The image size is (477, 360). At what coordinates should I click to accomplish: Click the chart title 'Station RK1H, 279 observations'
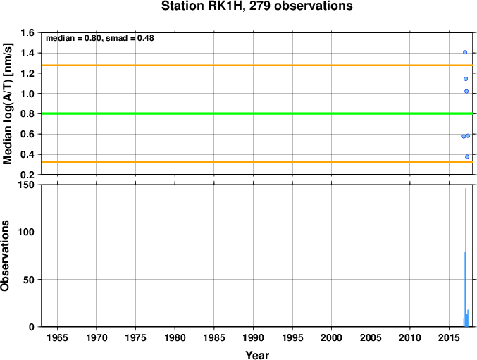[x=256, y=6]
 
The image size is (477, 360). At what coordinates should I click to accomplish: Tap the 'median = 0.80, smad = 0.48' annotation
[x=100, y=38]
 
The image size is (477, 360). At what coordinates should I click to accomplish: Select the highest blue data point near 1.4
[x=465, y=52]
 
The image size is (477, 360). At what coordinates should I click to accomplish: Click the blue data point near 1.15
[x=466, y=79]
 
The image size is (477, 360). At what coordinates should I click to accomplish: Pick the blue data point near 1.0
[x=466, y=92]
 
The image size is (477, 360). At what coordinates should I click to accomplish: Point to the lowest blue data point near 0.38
[x=467, y=156]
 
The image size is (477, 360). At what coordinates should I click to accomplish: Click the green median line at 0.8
[x=257, y=113]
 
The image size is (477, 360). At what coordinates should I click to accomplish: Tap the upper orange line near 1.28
[x=257, y=66]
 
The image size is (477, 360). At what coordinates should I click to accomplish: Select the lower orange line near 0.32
[x=257, y=162]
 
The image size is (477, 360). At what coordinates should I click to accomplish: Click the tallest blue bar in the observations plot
[x=466, y=258]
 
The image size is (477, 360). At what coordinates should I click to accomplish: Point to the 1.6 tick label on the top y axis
[x=27, y=32]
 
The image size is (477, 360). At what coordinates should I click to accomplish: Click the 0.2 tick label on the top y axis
[x=27, y=175]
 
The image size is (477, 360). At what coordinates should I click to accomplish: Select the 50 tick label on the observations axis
[x=29, y=280]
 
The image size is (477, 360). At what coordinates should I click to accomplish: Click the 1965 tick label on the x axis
[x=58, y=337]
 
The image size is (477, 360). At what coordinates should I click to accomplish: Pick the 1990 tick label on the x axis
[x=253, y=337]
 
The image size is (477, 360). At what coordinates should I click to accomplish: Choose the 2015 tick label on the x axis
[x=449, y=337]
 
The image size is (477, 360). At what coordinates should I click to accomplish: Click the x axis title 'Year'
[x=257, y=355]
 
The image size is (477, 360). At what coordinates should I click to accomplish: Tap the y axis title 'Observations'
[x=5, y=256]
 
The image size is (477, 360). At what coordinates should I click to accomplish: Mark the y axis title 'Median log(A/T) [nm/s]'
[x=7, y=104]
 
